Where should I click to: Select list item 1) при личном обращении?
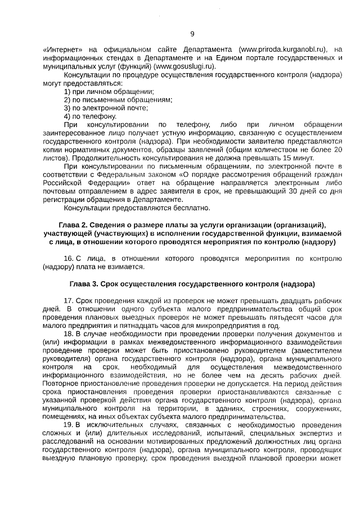(109, 91)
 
